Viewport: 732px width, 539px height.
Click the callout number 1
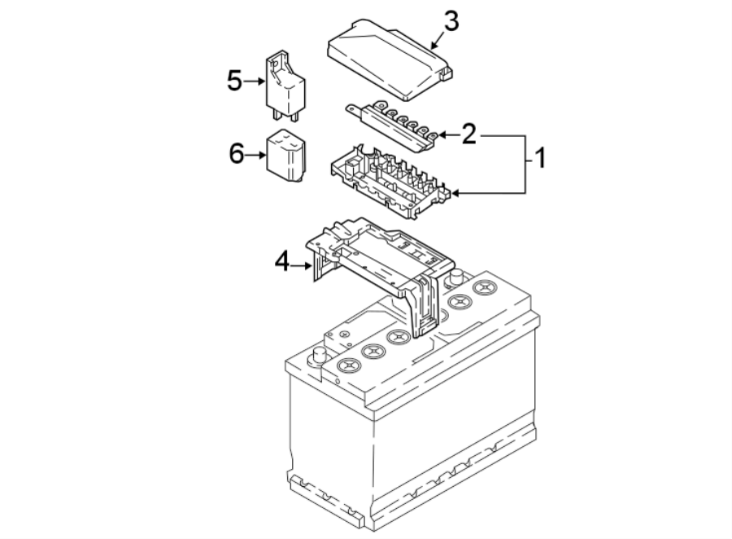tap(536, 157)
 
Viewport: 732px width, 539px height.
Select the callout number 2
tap(468, 134)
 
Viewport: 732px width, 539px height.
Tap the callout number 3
tap(450, 22)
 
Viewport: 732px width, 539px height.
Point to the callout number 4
tap(282, 261)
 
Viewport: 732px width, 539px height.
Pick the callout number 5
tap(235, 81)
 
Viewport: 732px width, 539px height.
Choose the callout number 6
tap(237, 152)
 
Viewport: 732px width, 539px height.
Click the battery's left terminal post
tap(317, 356)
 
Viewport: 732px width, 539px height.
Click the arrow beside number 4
tap(303, 263)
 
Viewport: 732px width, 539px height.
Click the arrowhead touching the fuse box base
tap(456, 193)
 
